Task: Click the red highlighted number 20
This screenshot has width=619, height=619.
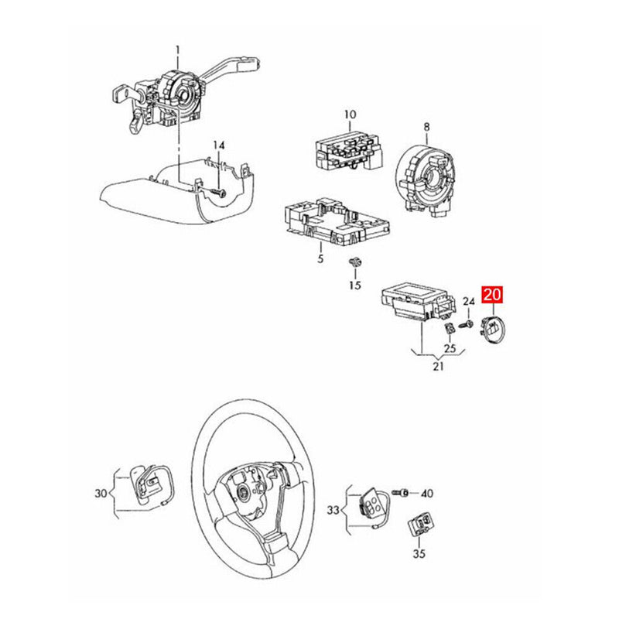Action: point(492,294)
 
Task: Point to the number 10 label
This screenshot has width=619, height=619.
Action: point(350,115)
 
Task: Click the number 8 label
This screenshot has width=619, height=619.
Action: point(426,126)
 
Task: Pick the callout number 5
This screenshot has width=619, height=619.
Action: point(320,259)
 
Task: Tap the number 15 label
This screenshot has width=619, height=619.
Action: point(354,286)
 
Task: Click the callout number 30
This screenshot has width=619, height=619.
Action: point(101,493)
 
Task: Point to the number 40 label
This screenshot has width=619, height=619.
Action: point(427,493)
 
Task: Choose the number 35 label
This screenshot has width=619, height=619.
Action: point(419,554)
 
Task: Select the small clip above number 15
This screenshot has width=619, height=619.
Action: point(356,262)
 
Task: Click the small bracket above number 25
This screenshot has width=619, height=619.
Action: point(450,330)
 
